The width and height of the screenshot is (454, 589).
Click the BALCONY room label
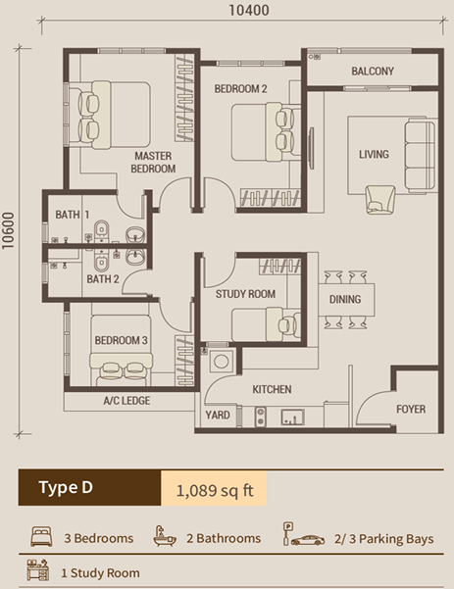pyautogui.click(x=372, y=71)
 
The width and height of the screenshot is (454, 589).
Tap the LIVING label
pyautogui.click(x=374, y=154)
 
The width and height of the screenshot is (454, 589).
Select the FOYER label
pyautogui.click(x=411, y=409)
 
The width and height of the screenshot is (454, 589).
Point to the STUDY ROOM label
pyautogui.click(x=245, y=294)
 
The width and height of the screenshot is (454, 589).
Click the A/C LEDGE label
pyautogui.click(x=126, y=402)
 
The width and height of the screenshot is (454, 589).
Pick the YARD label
pyautogui.click(x=219, y=416)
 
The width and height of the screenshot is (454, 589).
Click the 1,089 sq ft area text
pyautogui.click(x=214, y=489)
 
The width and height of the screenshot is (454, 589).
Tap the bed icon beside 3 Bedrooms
pyautogui.click(x=42, y=537)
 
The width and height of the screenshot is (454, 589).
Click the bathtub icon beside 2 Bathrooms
pyautogui.click(x=164, y=537)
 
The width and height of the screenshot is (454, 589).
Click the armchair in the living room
pyautogui.click(x=378, y=199)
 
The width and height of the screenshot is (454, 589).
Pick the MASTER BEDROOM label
pyautogui.click(x=154, y=163)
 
